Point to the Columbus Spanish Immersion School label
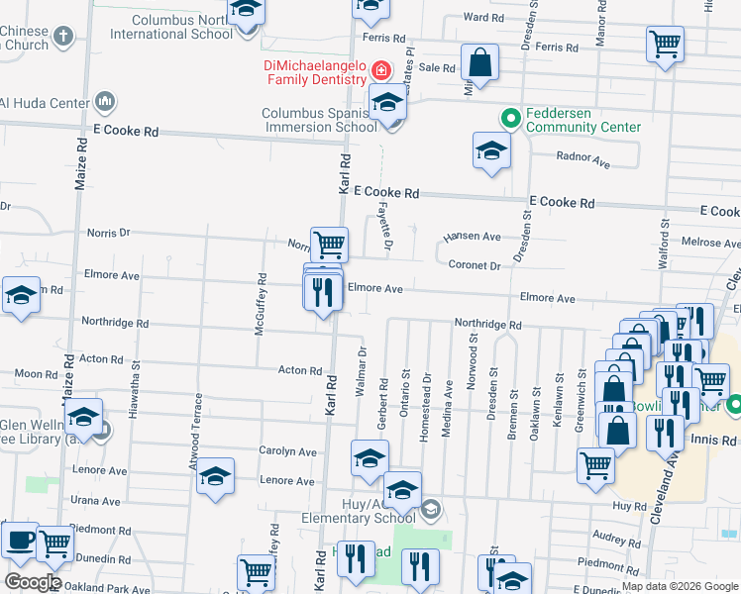click(319, 120)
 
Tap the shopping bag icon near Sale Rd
click(479, 62)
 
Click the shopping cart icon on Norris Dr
click(329, 243)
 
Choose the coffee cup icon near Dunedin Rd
click(20, 540)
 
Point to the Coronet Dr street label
click(475, 265)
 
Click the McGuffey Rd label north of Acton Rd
click(261, 306)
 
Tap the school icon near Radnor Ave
click(490, 152)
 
